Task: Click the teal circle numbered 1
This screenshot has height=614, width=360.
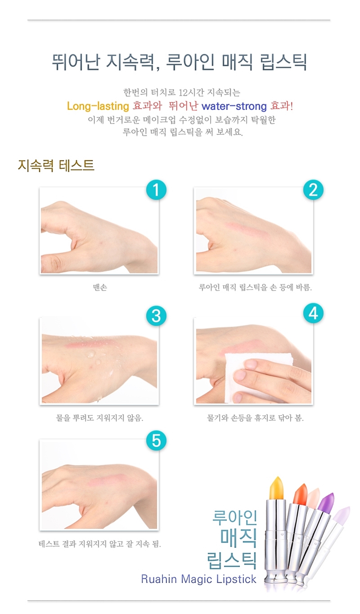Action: [x=156, y=190]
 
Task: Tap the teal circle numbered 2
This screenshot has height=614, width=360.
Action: [x=313, y=190]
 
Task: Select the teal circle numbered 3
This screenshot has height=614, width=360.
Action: [x=156, y=316]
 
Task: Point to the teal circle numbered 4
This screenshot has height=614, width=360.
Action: [x=313, y=313]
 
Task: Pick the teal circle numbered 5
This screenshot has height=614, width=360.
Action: [x=156, y=441]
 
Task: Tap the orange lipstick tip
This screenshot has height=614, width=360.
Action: [x=300, y=494]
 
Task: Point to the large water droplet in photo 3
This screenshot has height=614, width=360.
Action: [x=90, y=355]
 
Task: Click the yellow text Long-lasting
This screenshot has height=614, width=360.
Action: [x=98, y=106]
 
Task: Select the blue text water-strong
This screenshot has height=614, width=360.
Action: [x=234, y=106]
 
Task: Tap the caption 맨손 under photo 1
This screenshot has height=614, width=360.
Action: [x=100, y=287]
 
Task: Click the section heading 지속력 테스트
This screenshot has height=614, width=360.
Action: [x=56, y=165]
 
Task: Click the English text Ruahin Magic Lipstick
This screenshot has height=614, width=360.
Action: [x=199, y=579]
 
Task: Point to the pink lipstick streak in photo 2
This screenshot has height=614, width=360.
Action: [x=247, y=230]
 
